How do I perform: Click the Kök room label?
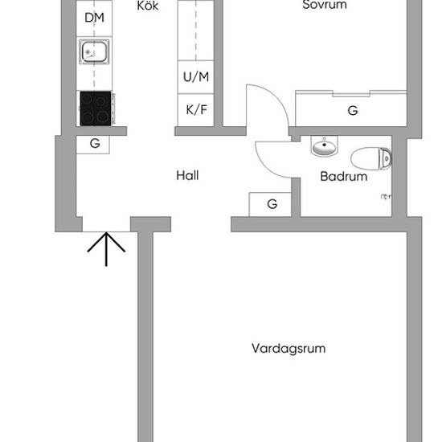click(x=148, y=6)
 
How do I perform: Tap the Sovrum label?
click(x=325, y=5)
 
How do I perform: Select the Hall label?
click(x=187, y=175)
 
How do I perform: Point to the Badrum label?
click(x=344, y=177)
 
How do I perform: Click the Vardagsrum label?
click(x=289, y=349)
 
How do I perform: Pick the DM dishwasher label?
click(x=95, y=18)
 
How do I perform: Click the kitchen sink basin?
click(x=95, y=52)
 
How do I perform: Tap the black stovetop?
click(x=96, y=108)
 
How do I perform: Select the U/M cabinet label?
click(x=196, y=76)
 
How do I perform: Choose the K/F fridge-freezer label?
click(x=196, y=109)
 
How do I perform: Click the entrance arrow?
click(x=106, y=249)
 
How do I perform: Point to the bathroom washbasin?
click(x=325, y=145)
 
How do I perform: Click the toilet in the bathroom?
click(x=371, y=158)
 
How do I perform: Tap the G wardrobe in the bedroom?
click(x=353, y=111)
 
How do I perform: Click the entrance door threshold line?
click(x=106, y=231)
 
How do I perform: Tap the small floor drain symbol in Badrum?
click(x=386, y=197)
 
